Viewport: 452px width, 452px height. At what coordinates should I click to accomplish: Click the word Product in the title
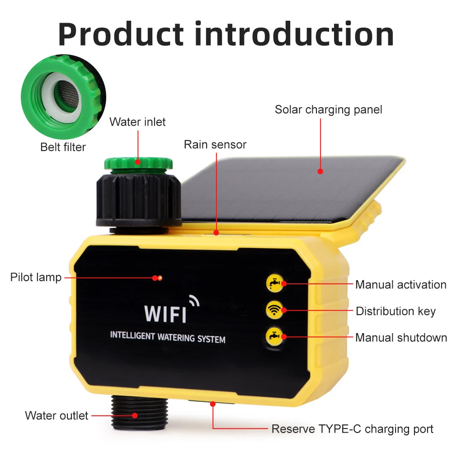121,34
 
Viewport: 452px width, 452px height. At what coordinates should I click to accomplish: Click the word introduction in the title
293,34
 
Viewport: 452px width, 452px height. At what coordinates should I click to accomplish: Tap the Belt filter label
63,147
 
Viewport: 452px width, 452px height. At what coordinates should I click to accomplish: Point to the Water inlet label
137,122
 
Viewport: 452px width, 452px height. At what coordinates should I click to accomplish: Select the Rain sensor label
215,145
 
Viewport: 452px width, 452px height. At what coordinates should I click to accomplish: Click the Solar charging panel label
329,110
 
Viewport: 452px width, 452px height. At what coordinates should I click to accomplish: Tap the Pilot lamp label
36,277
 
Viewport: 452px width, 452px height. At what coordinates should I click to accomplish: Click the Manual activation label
400,285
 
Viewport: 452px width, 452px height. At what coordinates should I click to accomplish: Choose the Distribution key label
395,311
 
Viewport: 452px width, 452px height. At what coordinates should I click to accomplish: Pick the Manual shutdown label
401,338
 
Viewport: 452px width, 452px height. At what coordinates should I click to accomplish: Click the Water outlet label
56,415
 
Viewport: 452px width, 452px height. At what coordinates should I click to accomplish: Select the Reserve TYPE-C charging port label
353,429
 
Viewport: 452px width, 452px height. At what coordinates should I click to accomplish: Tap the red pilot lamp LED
159,278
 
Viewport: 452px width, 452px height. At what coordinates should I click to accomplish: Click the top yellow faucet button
274,283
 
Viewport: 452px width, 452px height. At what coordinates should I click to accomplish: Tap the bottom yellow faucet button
274,336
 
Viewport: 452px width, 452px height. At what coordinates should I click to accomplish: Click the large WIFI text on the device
165,313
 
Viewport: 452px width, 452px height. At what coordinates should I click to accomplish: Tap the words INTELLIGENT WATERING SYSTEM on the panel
168,337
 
